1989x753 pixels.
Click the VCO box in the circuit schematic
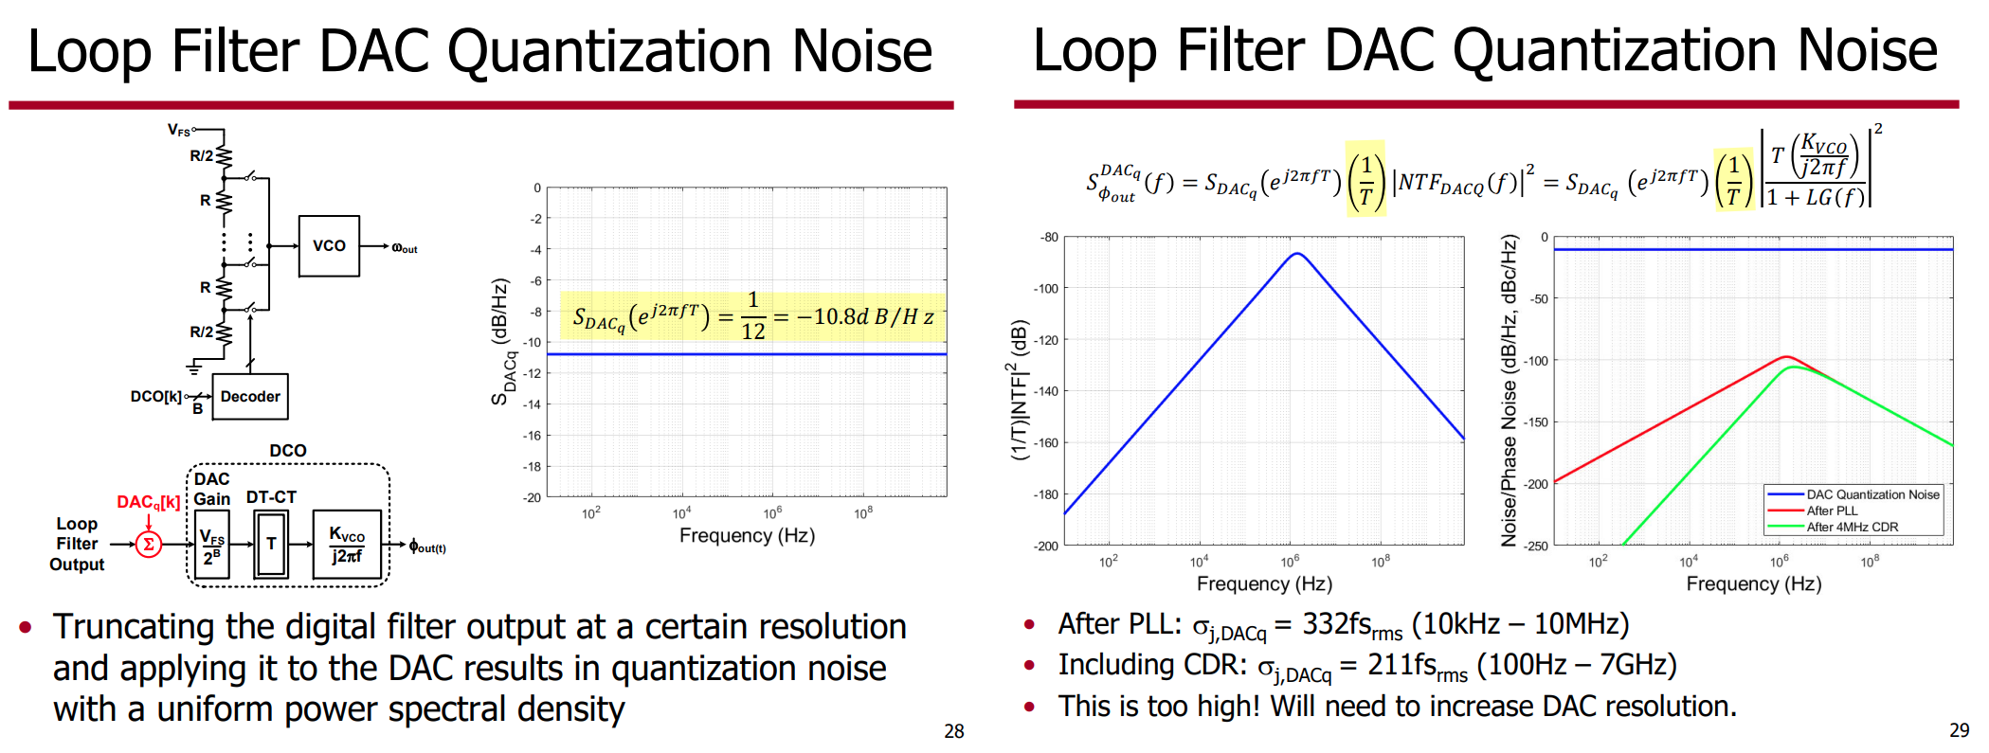coord(329,246)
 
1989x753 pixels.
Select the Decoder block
coord(250,397)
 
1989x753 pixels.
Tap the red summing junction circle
coord(149,545)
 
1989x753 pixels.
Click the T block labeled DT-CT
coord(271,544)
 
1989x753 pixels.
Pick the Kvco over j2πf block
coord(347,545)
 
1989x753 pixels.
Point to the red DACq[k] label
coord(148,502)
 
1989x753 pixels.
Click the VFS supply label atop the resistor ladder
coord(178,130)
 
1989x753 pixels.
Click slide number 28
coord(954,731)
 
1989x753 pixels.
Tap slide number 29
coord(1960,730)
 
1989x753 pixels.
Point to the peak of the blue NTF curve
coord(1297,253)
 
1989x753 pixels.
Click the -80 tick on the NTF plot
coord(1049,237)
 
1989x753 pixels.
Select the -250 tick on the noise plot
coord(1537,546)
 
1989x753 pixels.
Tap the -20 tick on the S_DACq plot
coord(533,497)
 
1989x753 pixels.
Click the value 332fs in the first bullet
coord(1337,624)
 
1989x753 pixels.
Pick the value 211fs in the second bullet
coord(1402,665)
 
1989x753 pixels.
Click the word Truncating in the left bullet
coord(134,628)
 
